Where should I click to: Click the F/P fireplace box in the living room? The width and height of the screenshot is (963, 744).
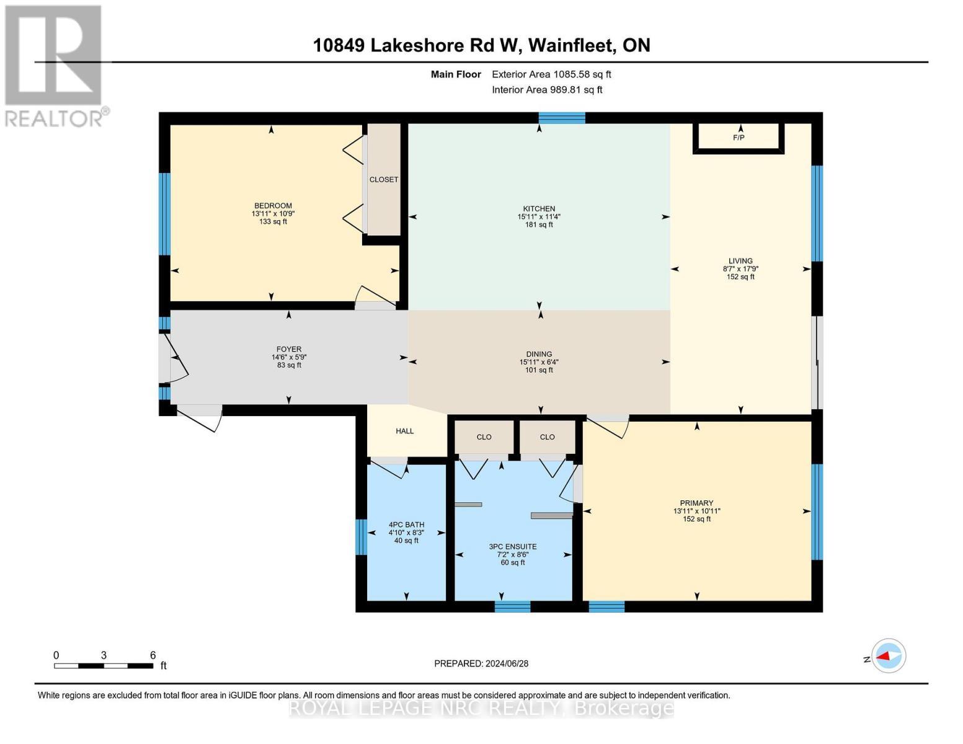coord(738,138)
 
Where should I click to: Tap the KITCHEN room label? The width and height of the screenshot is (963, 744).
coord(539,209)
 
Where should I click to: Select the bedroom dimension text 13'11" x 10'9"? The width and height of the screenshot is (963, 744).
coord(273,214)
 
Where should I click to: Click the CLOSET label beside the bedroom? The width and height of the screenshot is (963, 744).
coord(384,180)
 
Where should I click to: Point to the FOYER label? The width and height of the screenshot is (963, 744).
coord(289,350)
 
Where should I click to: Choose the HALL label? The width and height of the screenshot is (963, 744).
coord(405,431)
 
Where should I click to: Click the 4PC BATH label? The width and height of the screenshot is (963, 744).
coord(406,525)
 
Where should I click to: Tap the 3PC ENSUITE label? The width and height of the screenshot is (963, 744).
coord(513,547)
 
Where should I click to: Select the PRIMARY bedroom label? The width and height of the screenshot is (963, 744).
coord(696,503)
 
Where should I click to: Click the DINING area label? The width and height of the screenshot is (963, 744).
coord(539,355)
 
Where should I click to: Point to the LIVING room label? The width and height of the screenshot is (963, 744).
coord(740,261)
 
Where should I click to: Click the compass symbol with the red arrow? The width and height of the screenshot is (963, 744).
coord(889,655)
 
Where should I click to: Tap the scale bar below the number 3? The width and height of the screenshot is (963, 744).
coord(104,666)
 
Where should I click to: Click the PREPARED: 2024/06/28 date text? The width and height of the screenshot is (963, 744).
coord(481,663)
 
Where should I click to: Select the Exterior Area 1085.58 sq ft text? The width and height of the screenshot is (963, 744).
coord(551,74)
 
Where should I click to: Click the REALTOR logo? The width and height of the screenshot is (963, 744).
coord(55,65)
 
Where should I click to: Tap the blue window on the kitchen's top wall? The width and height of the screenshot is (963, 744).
coord(562,118)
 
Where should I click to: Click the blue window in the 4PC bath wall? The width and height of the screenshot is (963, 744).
coord(361,536)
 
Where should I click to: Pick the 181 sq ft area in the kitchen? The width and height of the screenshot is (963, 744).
coord(539,224)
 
